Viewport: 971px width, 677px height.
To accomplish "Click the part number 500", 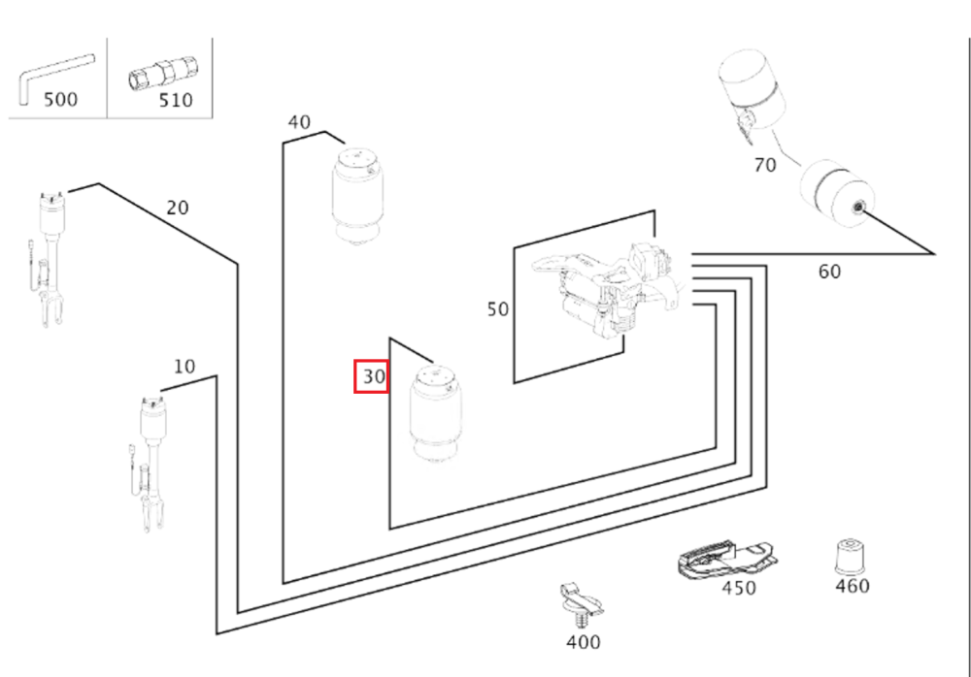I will [59, 100].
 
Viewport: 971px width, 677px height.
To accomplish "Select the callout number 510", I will [175, 100].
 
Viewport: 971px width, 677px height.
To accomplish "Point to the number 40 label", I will [299, 123].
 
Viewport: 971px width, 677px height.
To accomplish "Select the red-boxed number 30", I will [372, 375].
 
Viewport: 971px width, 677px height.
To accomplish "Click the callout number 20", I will [178, 208].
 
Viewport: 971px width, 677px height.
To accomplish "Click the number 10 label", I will [184, 367].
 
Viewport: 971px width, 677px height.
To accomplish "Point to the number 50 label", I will [498, 309].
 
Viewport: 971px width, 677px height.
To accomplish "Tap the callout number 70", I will [765, 165].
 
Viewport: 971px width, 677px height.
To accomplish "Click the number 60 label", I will [829, 272].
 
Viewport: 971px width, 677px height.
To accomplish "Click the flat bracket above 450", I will [722, 561].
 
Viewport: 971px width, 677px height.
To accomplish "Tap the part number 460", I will [852, 586].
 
